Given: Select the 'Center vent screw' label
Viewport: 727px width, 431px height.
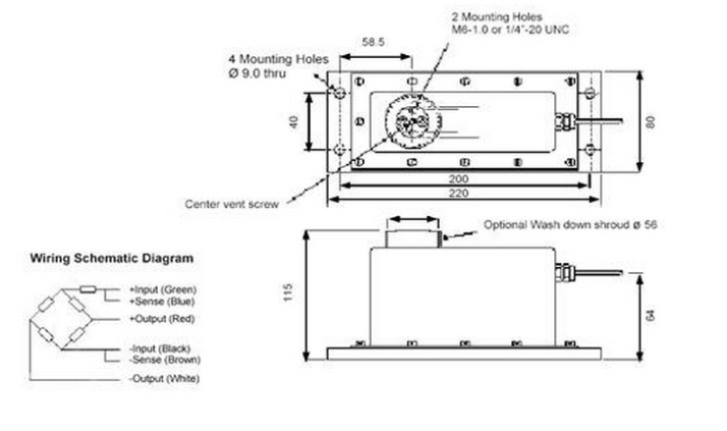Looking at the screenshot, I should click(x=233, y=204).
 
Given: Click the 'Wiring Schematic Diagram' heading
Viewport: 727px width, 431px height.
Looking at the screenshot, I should click(x=112, y=258).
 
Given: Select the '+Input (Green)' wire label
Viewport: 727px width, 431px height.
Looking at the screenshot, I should click(x=163, y=290).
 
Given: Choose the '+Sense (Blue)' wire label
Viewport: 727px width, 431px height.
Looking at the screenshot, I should click(x=161, y=302).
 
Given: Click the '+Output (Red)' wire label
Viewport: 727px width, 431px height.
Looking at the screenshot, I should click(x=162, y=318).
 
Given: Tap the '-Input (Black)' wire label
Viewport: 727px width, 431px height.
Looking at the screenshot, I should click(x=162, y=349).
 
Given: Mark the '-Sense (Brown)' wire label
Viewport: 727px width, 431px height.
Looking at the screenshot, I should click(x=163, y=361).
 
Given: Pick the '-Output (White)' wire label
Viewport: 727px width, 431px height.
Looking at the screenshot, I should click(x=163, y=378).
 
